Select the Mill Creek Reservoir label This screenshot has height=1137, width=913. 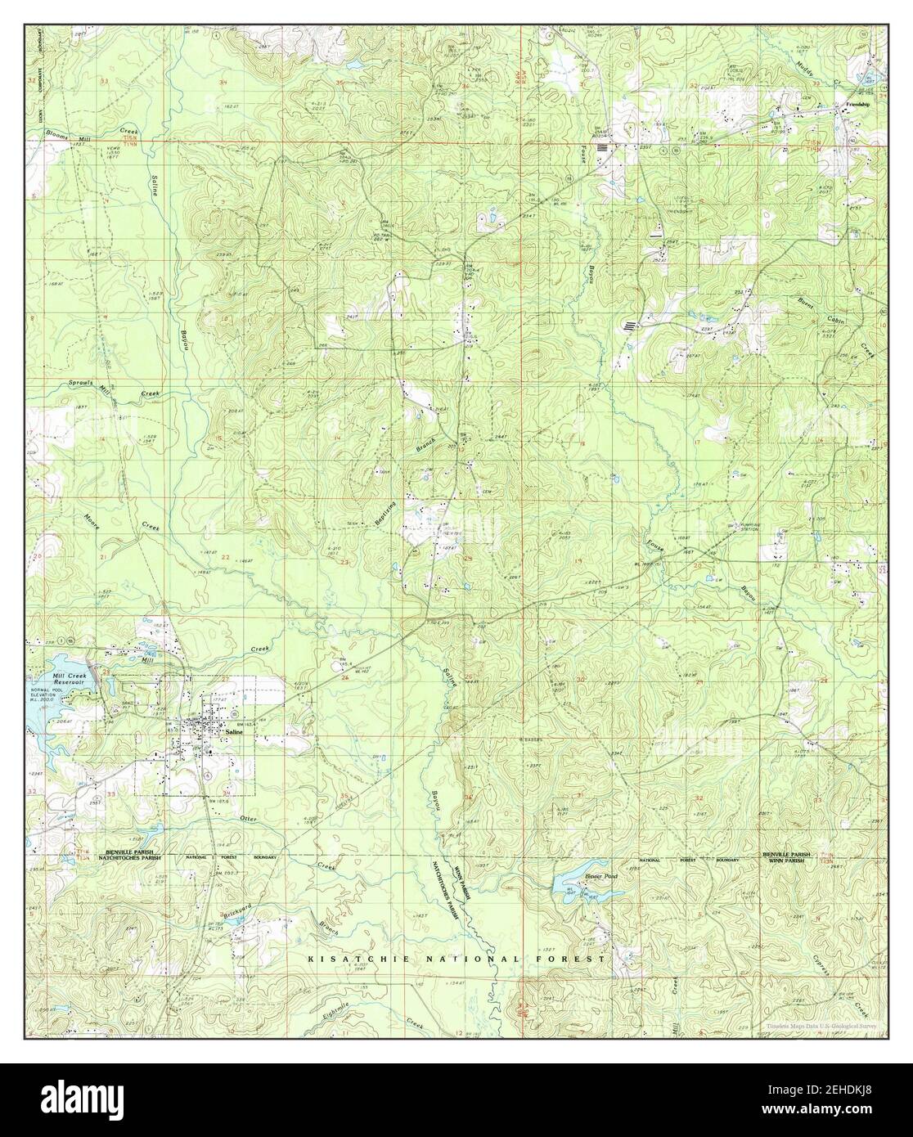(x=53, y=681)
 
